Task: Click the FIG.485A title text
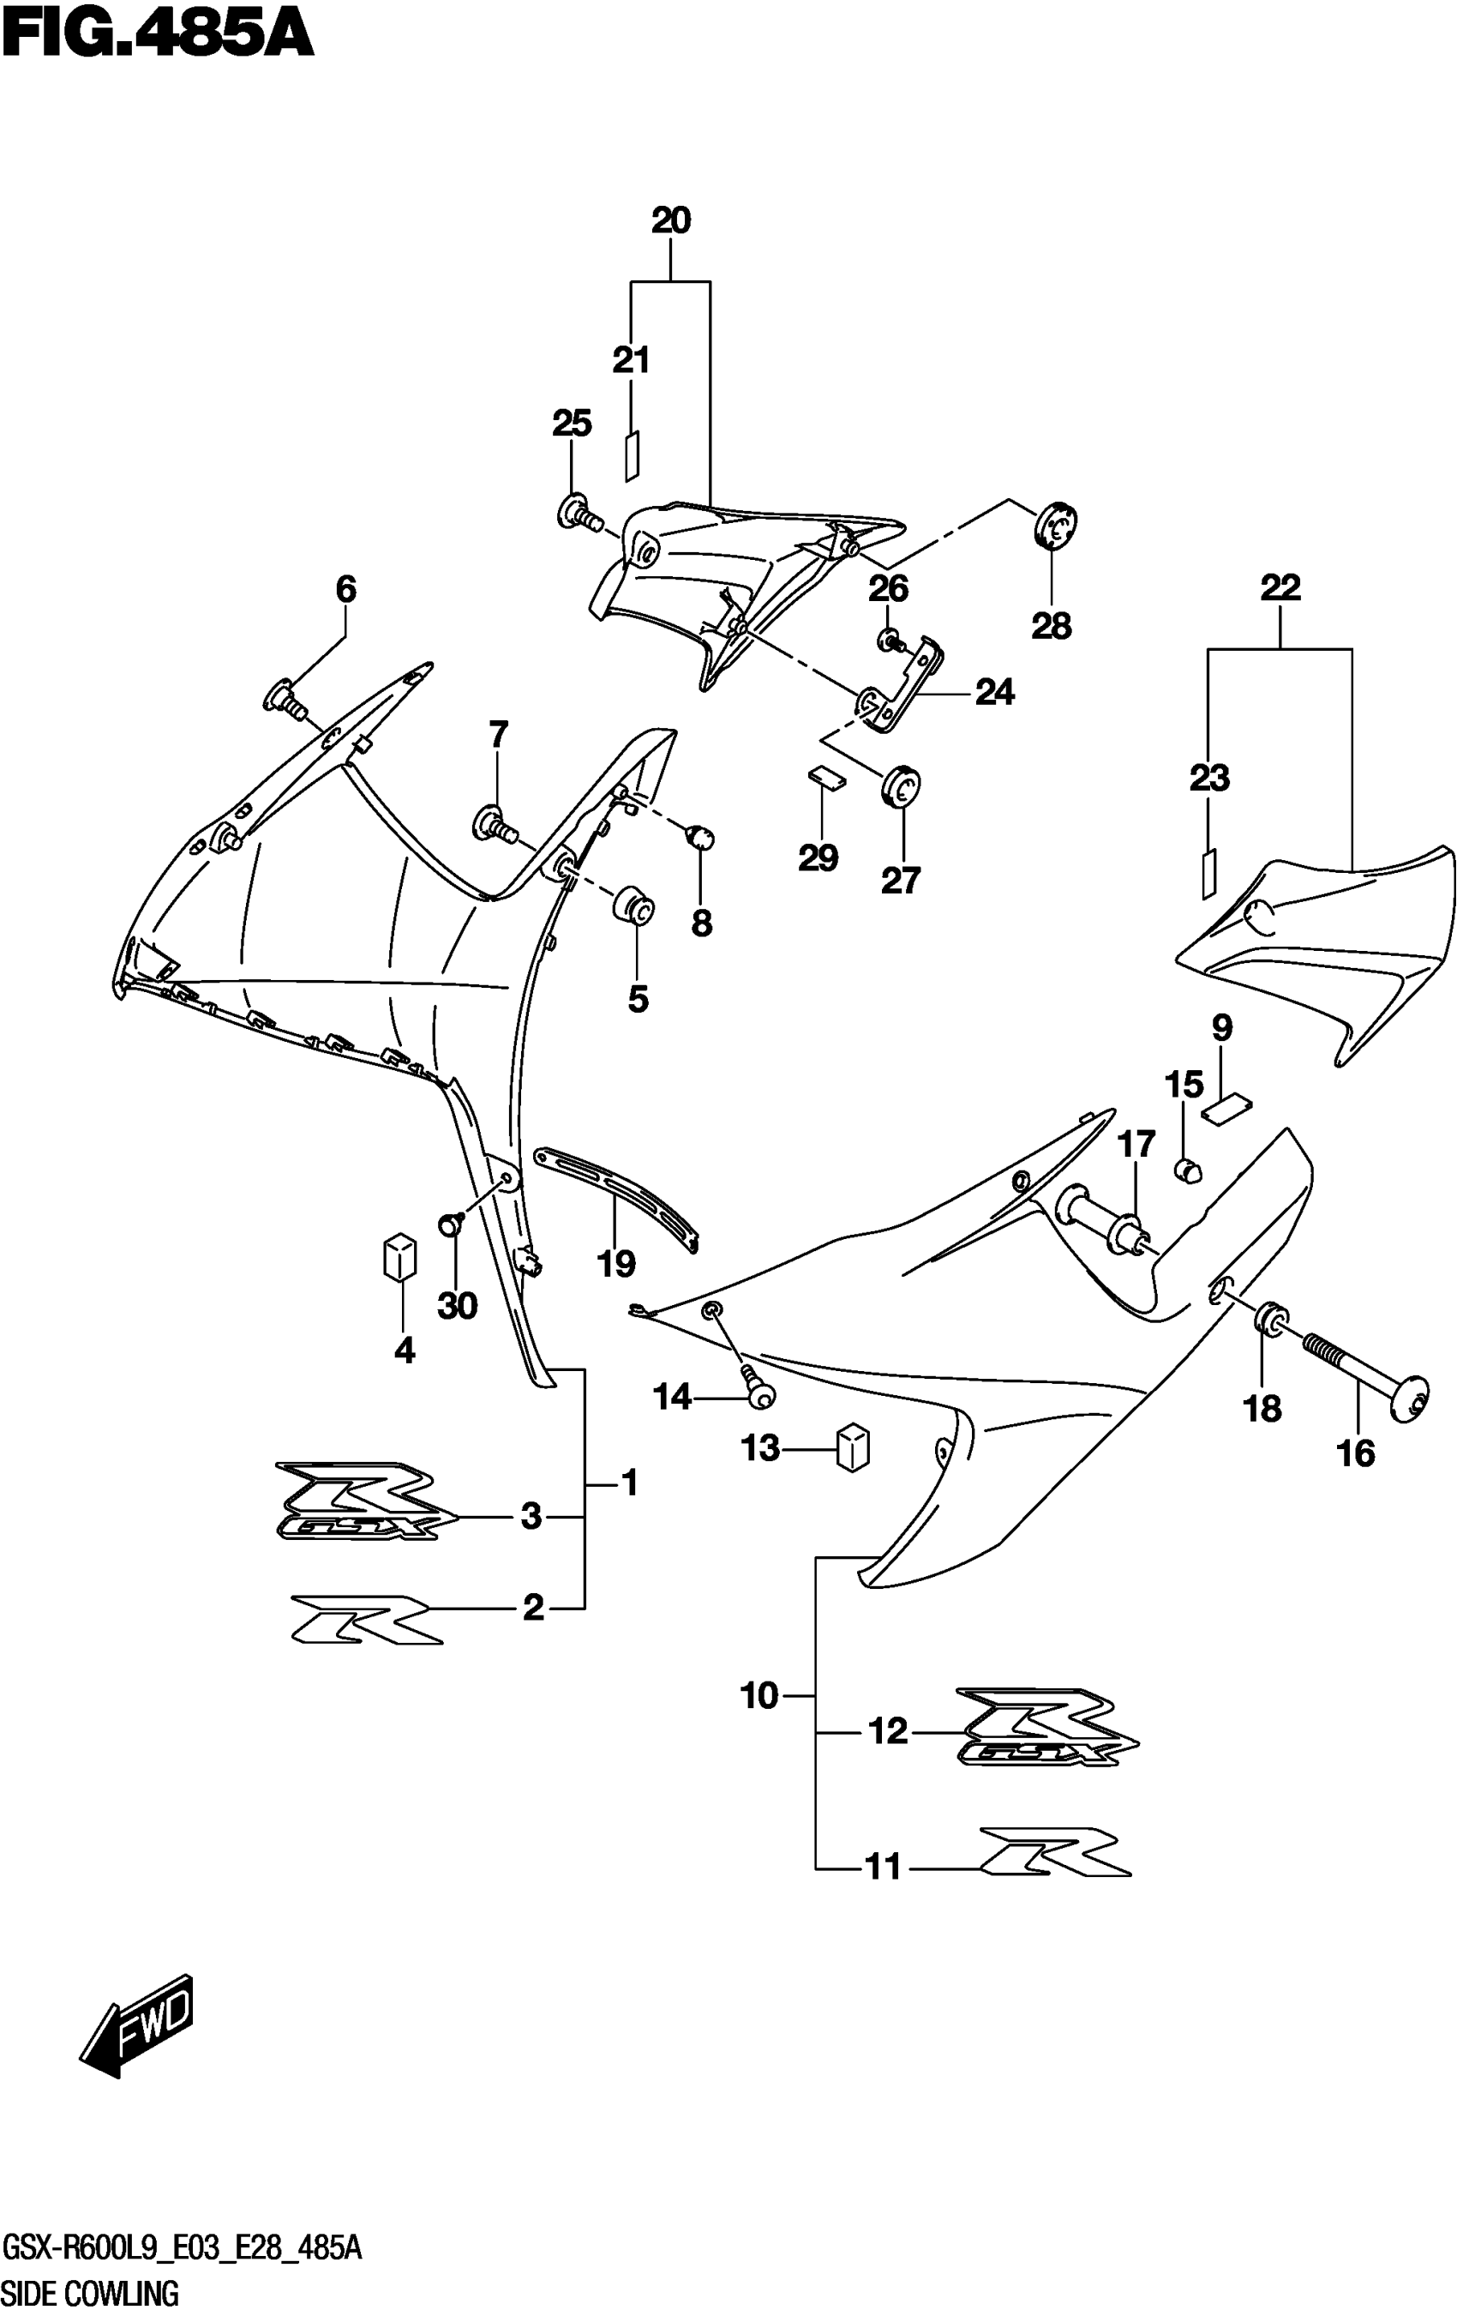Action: pos(159,37)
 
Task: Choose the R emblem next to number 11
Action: pos(1054,1851)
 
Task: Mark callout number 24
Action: pos(994,692)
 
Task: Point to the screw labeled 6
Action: pos(285,699)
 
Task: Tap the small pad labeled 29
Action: pos(826,775)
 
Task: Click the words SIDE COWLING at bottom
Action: pos(91,2293)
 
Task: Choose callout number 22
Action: pos(1280,588)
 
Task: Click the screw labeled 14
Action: pos(760,1389)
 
